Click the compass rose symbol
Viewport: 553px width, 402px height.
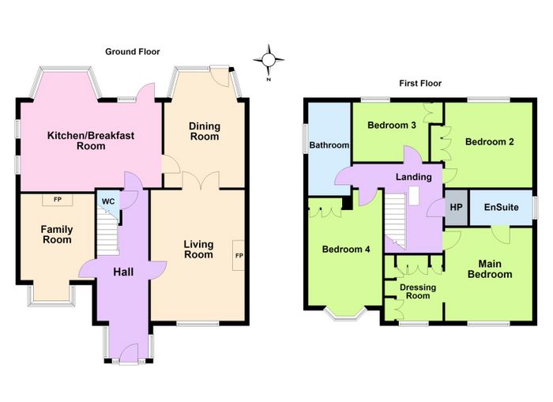click(269, 61)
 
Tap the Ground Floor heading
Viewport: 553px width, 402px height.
click(133, 52)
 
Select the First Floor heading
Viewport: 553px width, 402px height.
click(420, 83)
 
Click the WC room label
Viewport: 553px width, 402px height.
click(108, 201)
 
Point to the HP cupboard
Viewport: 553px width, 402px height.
click(456, 208)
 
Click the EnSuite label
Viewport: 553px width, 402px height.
click(501, 208)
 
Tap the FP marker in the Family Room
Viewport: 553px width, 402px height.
click(58, 200)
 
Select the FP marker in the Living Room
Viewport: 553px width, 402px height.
click(239, 255)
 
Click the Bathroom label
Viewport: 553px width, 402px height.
click(329, 145)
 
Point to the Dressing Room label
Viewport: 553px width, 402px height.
click(418, 291)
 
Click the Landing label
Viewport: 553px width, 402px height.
click(414, 177)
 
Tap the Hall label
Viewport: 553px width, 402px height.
click(123, 272)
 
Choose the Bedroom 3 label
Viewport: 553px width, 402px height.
click(392, 126)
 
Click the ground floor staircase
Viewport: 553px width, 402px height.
click(108, 231)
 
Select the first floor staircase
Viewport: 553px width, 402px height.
click(395, 220)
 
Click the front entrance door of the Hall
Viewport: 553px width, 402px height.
click(129, 353)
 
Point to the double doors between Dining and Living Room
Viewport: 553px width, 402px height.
click(201, 181)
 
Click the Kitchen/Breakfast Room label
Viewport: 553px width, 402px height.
click(91, 141)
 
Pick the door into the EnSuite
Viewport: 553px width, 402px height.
click(501, 235)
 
